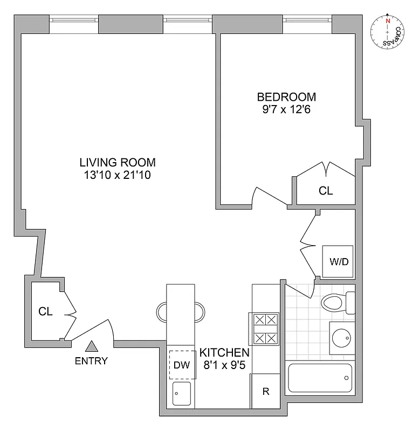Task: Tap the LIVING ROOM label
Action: click(118, 162)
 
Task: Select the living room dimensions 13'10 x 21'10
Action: click(118, 175)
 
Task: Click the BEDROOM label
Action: click(286, 97)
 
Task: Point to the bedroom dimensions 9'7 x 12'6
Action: click(286, 110)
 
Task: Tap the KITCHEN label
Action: click(224, 353)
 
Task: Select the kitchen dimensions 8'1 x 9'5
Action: click(224, 365)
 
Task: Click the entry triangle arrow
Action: click(93, 346)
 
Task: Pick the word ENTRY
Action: click(91, 361)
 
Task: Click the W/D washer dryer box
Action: click(339, 262)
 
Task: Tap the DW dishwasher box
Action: click(181, 365)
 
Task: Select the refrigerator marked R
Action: click(265, 392)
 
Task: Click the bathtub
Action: click(320, 379)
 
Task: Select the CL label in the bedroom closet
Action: click(326, 191)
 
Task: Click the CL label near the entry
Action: click(45, 312)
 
